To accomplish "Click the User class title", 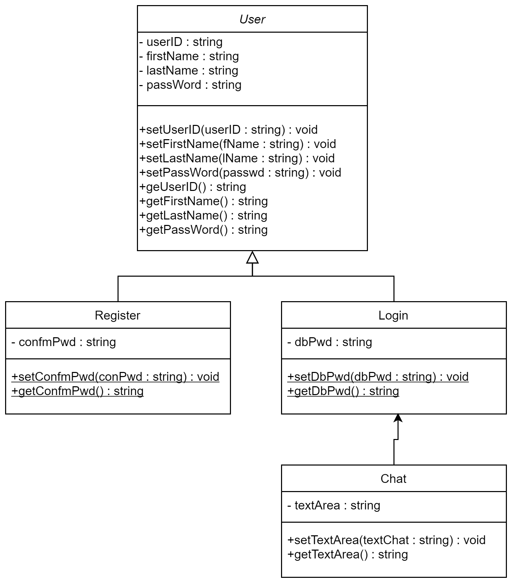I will (x=252, y=19).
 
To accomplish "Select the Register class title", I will (x=118, y=315).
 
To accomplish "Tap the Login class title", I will (x=393, y=315).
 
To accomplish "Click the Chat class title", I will (x=393, y=478).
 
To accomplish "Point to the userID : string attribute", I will (x=181, y=42).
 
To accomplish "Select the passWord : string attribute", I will (x=190, y=85).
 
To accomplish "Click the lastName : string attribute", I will (x=189, y=70).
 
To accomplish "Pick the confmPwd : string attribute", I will (x=64, y=342).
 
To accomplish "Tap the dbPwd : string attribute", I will (x=330, y=342).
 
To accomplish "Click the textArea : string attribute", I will (x=334, y=505).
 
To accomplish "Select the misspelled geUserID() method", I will (x=193, y=187).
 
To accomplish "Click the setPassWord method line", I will (x=240, y=173).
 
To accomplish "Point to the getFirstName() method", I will (x=204, y=201).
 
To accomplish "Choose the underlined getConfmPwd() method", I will (x=78, y=391).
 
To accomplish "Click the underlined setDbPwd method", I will (x=378, y=377).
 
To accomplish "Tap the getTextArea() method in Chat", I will (x=347, y=554).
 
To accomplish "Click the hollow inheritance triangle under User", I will (x=252, y=258).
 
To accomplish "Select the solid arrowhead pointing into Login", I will (x=398, y=418).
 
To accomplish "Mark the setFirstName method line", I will (x=238, y=144).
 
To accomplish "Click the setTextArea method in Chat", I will (x=386, y=540).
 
